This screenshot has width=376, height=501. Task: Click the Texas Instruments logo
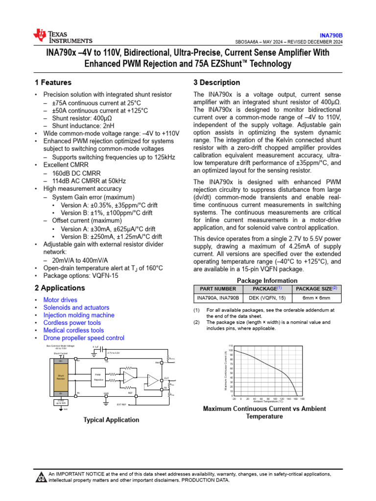pos(62,37)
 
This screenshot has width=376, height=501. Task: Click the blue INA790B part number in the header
pos(331,36)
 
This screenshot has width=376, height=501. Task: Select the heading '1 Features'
pos(53,83)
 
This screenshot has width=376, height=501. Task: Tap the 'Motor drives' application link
pos(60,300)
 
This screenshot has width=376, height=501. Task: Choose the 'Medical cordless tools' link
pos(73,330)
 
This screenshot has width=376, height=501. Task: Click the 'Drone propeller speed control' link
pos(84,338)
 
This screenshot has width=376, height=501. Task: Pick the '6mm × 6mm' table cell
pos(316,297)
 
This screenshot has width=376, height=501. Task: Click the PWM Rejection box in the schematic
pos(98,376)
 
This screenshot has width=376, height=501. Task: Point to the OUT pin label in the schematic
pos(166,378)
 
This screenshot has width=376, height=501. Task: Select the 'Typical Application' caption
pos(111,420)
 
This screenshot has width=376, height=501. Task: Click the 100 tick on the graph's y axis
pos(232,351)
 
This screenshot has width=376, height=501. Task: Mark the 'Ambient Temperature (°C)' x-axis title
pos(268,402)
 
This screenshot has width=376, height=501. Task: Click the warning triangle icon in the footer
pos(40,477)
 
